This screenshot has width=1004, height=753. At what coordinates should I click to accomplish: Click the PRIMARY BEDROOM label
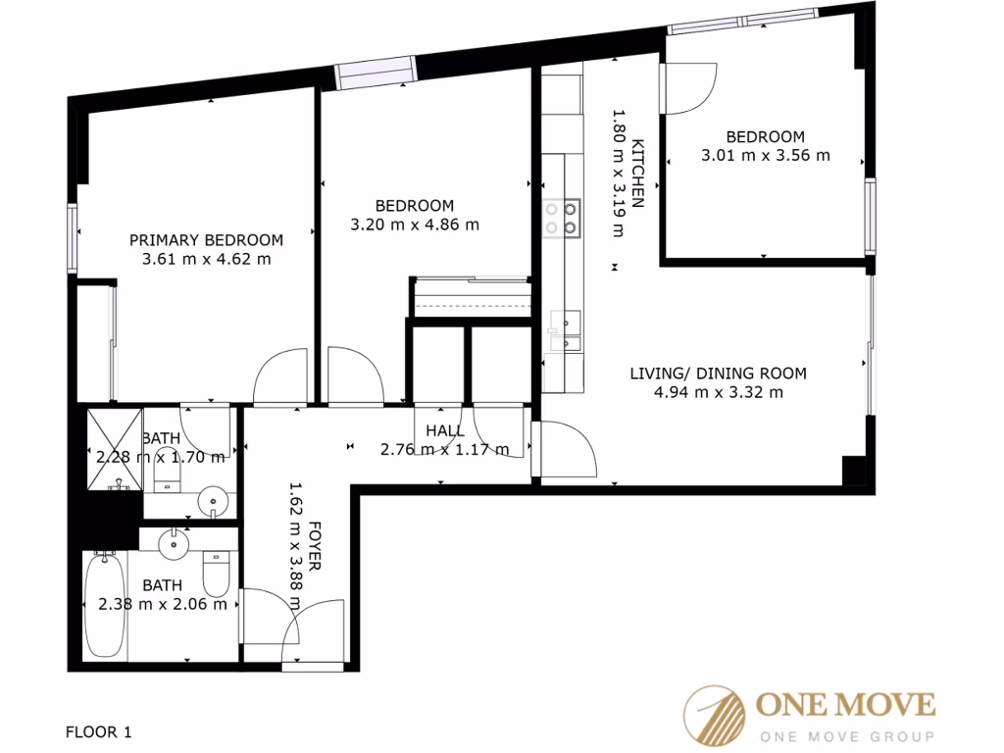click(x=206, y=239)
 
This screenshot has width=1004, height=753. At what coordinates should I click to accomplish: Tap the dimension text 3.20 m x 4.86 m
click(x=415, y=225)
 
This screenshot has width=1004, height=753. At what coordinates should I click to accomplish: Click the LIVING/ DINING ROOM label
click(x=718, y=373)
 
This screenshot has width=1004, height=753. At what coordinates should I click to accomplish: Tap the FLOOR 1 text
click(x=98, y=731)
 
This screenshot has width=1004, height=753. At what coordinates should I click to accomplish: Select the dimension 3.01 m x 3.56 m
click(x=765, y=155)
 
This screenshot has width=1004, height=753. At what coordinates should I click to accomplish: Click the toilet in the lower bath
click(x=215, y=575)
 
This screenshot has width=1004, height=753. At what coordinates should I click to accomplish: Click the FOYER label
click(x=316, y=549)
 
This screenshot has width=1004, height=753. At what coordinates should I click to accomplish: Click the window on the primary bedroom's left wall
click(x=73, y=237)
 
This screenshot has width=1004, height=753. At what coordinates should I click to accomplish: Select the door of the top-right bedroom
click(x=688, y=88)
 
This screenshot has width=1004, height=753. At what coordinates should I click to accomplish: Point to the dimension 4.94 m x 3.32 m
click(x=718, y=392)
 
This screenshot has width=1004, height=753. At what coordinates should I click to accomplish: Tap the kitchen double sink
click(x=566, y=330)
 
